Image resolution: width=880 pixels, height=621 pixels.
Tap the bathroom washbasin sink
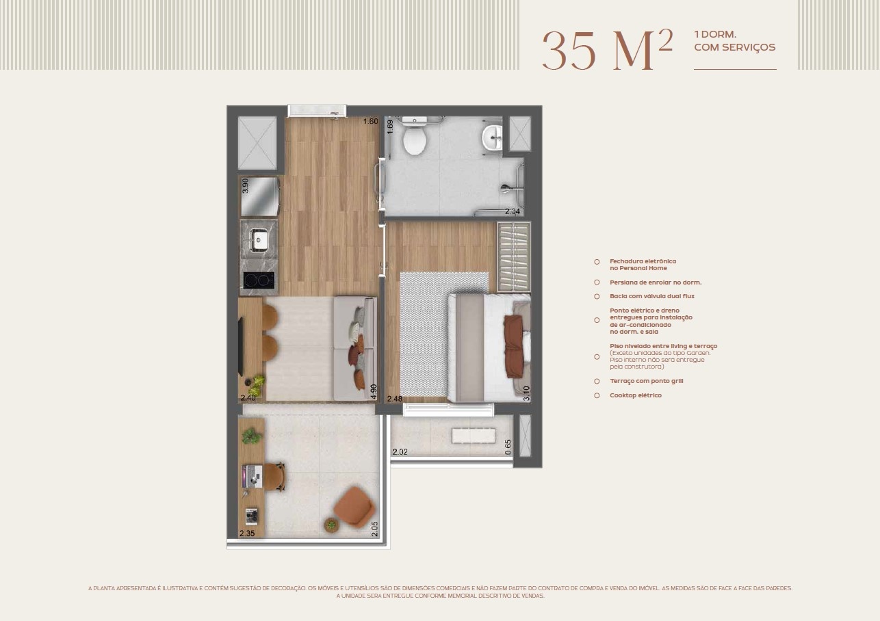(492, 137)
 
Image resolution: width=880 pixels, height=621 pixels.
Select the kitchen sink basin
(259, 239)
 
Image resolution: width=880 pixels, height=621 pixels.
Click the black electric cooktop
(259, 280)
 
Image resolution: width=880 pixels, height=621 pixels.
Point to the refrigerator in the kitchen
(259, 196)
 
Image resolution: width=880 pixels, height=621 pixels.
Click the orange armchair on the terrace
(354, 507)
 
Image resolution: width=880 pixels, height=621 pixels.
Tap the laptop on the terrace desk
(252, 477)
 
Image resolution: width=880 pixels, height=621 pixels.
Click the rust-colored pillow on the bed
(514, 346)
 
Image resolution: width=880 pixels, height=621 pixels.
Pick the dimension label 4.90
(374, 391)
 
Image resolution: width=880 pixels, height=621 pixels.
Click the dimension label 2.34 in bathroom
(513, 211)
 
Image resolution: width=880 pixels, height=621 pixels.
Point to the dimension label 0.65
(508, 447)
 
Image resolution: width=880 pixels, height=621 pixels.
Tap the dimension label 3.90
(245, 185)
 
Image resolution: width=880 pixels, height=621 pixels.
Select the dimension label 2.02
(400, 452)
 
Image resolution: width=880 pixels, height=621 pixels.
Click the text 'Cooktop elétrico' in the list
(636, 395)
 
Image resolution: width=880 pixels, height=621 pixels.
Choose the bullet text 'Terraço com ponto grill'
(646, 381)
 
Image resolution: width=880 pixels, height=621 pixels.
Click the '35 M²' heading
(608, 50)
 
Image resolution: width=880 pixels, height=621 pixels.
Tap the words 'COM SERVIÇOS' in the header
(735, 47)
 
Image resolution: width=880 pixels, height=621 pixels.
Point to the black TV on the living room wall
(241, 346)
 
